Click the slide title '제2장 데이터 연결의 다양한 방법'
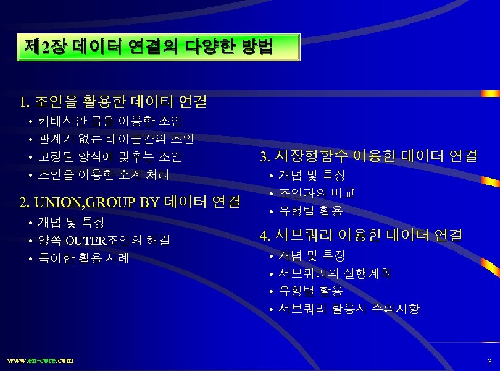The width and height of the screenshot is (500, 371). [x=148, y=47]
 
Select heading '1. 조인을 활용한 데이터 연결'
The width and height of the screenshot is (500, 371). [x=113, y=101]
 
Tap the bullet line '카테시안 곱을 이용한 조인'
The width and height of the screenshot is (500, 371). [x=110, y=121]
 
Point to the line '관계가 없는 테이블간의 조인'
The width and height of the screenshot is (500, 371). [x=116, y=139]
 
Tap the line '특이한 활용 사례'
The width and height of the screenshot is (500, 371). [x=83, y=258]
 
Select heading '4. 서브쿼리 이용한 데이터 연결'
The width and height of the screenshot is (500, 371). [x=361, y=235]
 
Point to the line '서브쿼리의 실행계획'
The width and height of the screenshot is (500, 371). [x=335, y=273]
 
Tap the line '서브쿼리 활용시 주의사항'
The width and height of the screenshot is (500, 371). [x=349, y=308]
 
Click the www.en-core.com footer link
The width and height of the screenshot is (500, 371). [x=40, y=360]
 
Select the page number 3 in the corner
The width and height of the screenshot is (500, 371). [x=489, y=361]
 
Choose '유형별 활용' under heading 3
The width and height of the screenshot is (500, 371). [x=310, y=211]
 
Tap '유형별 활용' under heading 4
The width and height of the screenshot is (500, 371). [x=310, y=290]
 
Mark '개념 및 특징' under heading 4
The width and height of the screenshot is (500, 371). [x=312, y=255]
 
